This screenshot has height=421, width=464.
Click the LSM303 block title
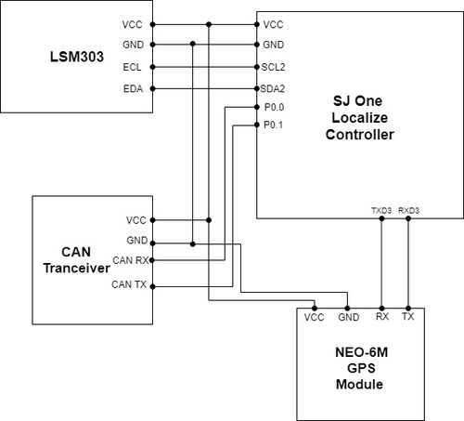(x=77, y=57)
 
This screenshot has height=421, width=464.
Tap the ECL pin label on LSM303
(x=132, y=67)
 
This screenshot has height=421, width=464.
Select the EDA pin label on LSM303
(x=133, y=89)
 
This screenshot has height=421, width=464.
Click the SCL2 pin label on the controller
(x=273, y=67)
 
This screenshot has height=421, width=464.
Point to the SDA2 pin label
(x=273, y=89)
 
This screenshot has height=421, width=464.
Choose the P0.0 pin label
(x=274, y=107)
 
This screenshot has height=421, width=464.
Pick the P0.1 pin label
(x=273, y=125)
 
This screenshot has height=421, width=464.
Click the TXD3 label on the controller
(x=381, y=211)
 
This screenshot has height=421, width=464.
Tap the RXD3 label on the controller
(x=408, y=211)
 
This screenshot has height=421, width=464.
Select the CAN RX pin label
(x=131, y=260)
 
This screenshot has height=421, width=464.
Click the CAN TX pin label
(x=129, y=284)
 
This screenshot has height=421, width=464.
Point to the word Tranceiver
(x=77, y=269)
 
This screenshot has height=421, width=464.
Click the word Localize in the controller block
(x=360, y=118)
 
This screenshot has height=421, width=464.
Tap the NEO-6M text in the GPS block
(x=361, y=352)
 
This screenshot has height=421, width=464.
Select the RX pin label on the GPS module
(x=382, y=317)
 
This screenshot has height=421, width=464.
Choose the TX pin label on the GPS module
(x=408, y=317)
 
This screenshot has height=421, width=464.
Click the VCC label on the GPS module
(x=314, y=317)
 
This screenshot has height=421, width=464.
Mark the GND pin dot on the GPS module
(x=347, y=309)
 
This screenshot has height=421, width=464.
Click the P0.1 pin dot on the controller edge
(x=257, y=125)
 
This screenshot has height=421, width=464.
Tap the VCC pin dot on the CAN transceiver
(x=152, y=220)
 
